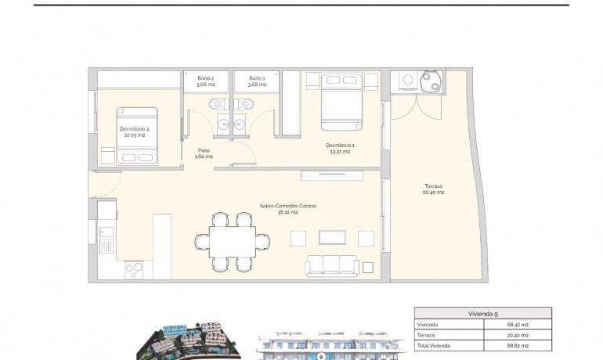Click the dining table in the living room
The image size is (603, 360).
pos(232,240)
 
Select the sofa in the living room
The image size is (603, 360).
pos(332,266)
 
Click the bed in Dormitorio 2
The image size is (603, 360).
pos(137,135)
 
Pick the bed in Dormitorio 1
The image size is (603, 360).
pos(341,102)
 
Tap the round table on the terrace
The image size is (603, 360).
pos(431,81)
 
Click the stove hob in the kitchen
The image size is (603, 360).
pos(134,269)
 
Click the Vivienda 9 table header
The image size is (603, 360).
pos(482,313)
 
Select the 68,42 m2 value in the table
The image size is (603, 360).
pos(517,324)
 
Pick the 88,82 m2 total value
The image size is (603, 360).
pos(517,345)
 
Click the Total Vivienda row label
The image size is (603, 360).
pos(435,345)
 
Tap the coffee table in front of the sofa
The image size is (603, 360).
pos(332,237)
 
